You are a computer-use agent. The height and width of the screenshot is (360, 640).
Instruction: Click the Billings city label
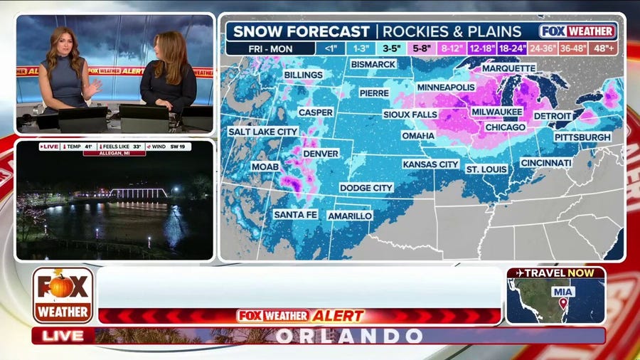click(303, 74)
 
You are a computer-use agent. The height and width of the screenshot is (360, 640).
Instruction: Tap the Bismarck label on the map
click(373, 64)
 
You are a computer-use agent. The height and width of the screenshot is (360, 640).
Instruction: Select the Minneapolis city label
click(445, 87)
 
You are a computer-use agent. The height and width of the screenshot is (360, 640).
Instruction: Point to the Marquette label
click(508, 68)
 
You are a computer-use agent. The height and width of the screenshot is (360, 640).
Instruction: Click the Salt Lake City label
click(262, 132)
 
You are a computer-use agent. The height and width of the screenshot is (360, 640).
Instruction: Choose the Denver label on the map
click(321, 153)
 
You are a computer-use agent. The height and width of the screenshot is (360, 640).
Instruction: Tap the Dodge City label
click(366, 188)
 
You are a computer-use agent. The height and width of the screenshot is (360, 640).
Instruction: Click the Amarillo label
click(350, 216)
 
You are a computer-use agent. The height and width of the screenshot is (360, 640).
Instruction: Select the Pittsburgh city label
click(582, 137)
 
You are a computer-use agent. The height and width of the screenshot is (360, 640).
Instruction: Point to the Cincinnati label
click(545, 163)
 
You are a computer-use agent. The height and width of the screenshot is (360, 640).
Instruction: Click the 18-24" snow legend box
click(513, 48)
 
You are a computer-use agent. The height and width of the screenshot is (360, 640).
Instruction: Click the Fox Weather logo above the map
click(577, 31)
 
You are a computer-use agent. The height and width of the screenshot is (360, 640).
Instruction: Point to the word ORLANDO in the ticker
click(348, 336)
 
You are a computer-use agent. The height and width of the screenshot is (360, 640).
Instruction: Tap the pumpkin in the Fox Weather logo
click(63, 285)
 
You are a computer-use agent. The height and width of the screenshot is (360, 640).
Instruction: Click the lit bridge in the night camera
click(139, 193)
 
